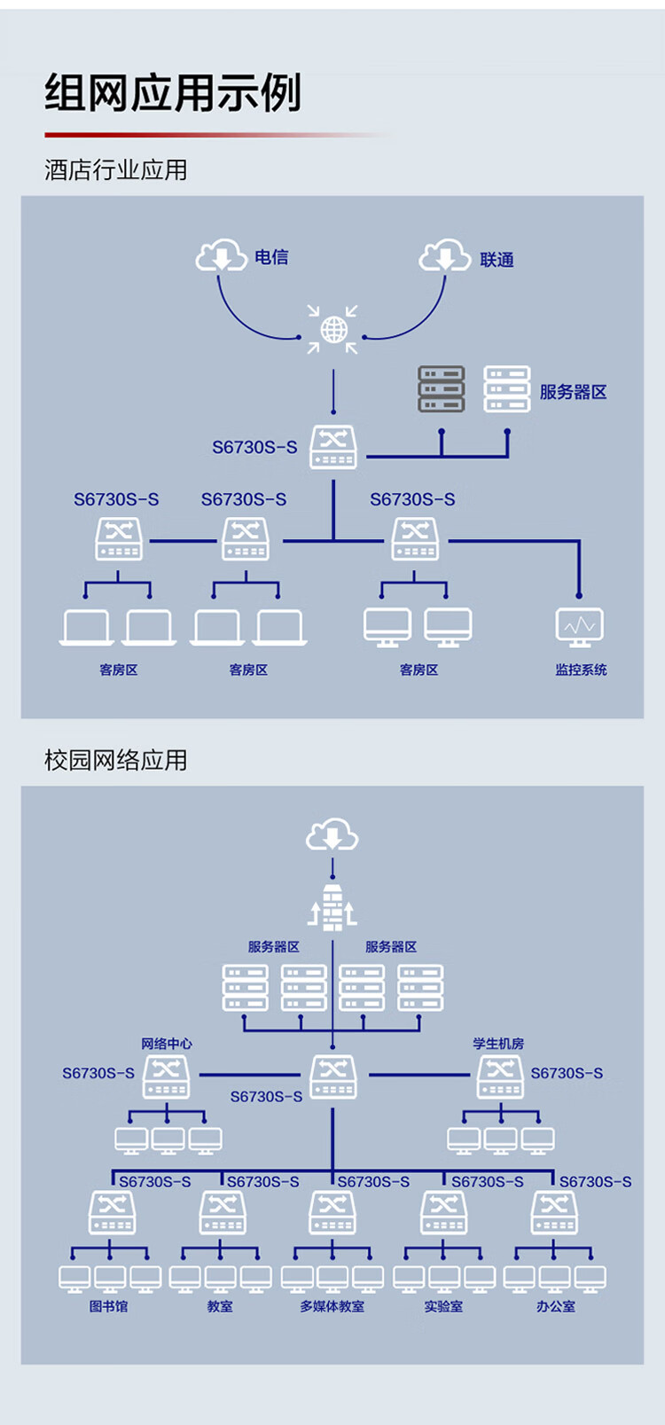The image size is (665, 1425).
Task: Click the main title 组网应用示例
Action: click(172, 93)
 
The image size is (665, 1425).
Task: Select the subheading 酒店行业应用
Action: click(116, 170)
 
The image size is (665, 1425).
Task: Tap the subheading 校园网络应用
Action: click(116, 760)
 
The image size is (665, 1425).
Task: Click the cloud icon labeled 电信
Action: click(222, 255)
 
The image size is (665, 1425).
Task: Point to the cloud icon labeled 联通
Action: click(445, 255)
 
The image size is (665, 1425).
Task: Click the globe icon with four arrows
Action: click(332, 330)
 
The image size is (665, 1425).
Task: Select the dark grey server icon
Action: click(441, 388)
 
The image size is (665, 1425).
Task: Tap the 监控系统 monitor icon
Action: click(579, 627)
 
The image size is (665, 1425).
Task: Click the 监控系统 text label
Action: click(581, 669)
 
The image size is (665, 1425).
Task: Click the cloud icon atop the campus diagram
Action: click(332, 834)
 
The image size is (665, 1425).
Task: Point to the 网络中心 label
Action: click(167, 1044)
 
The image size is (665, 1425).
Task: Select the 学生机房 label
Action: click(498, 1044)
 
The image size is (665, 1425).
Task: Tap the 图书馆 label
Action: click(108, 1307)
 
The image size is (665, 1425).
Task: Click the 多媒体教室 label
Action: click(332, 1307)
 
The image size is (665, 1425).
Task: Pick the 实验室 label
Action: click(443, 1307)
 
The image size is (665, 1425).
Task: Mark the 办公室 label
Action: click(556, 1307)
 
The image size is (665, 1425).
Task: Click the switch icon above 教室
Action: click(223, 1213)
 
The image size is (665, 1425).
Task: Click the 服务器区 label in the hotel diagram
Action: click(574, 392)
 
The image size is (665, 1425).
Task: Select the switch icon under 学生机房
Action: click(501, 1077)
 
